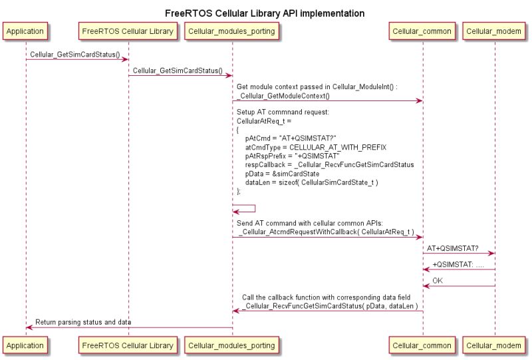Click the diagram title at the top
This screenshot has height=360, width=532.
coord(265,13)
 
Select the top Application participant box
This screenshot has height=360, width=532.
coord(26,31)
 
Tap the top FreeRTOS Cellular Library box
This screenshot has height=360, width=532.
coord(128,31)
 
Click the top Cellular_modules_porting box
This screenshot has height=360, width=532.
coord(232,31)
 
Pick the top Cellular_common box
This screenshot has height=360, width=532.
coord(422,31)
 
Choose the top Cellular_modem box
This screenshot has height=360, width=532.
coord(495,31)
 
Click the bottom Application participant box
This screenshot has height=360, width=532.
coord(26,345)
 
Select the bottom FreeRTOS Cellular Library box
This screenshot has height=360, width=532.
coord(128,345)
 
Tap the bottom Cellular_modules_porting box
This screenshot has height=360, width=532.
coord(232,345)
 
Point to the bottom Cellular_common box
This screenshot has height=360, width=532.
coord(422,345)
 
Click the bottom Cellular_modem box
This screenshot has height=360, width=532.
coord(495,345)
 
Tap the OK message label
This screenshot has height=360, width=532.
coord(438,281)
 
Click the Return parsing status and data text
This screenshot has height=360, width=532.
coord(83,322)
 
